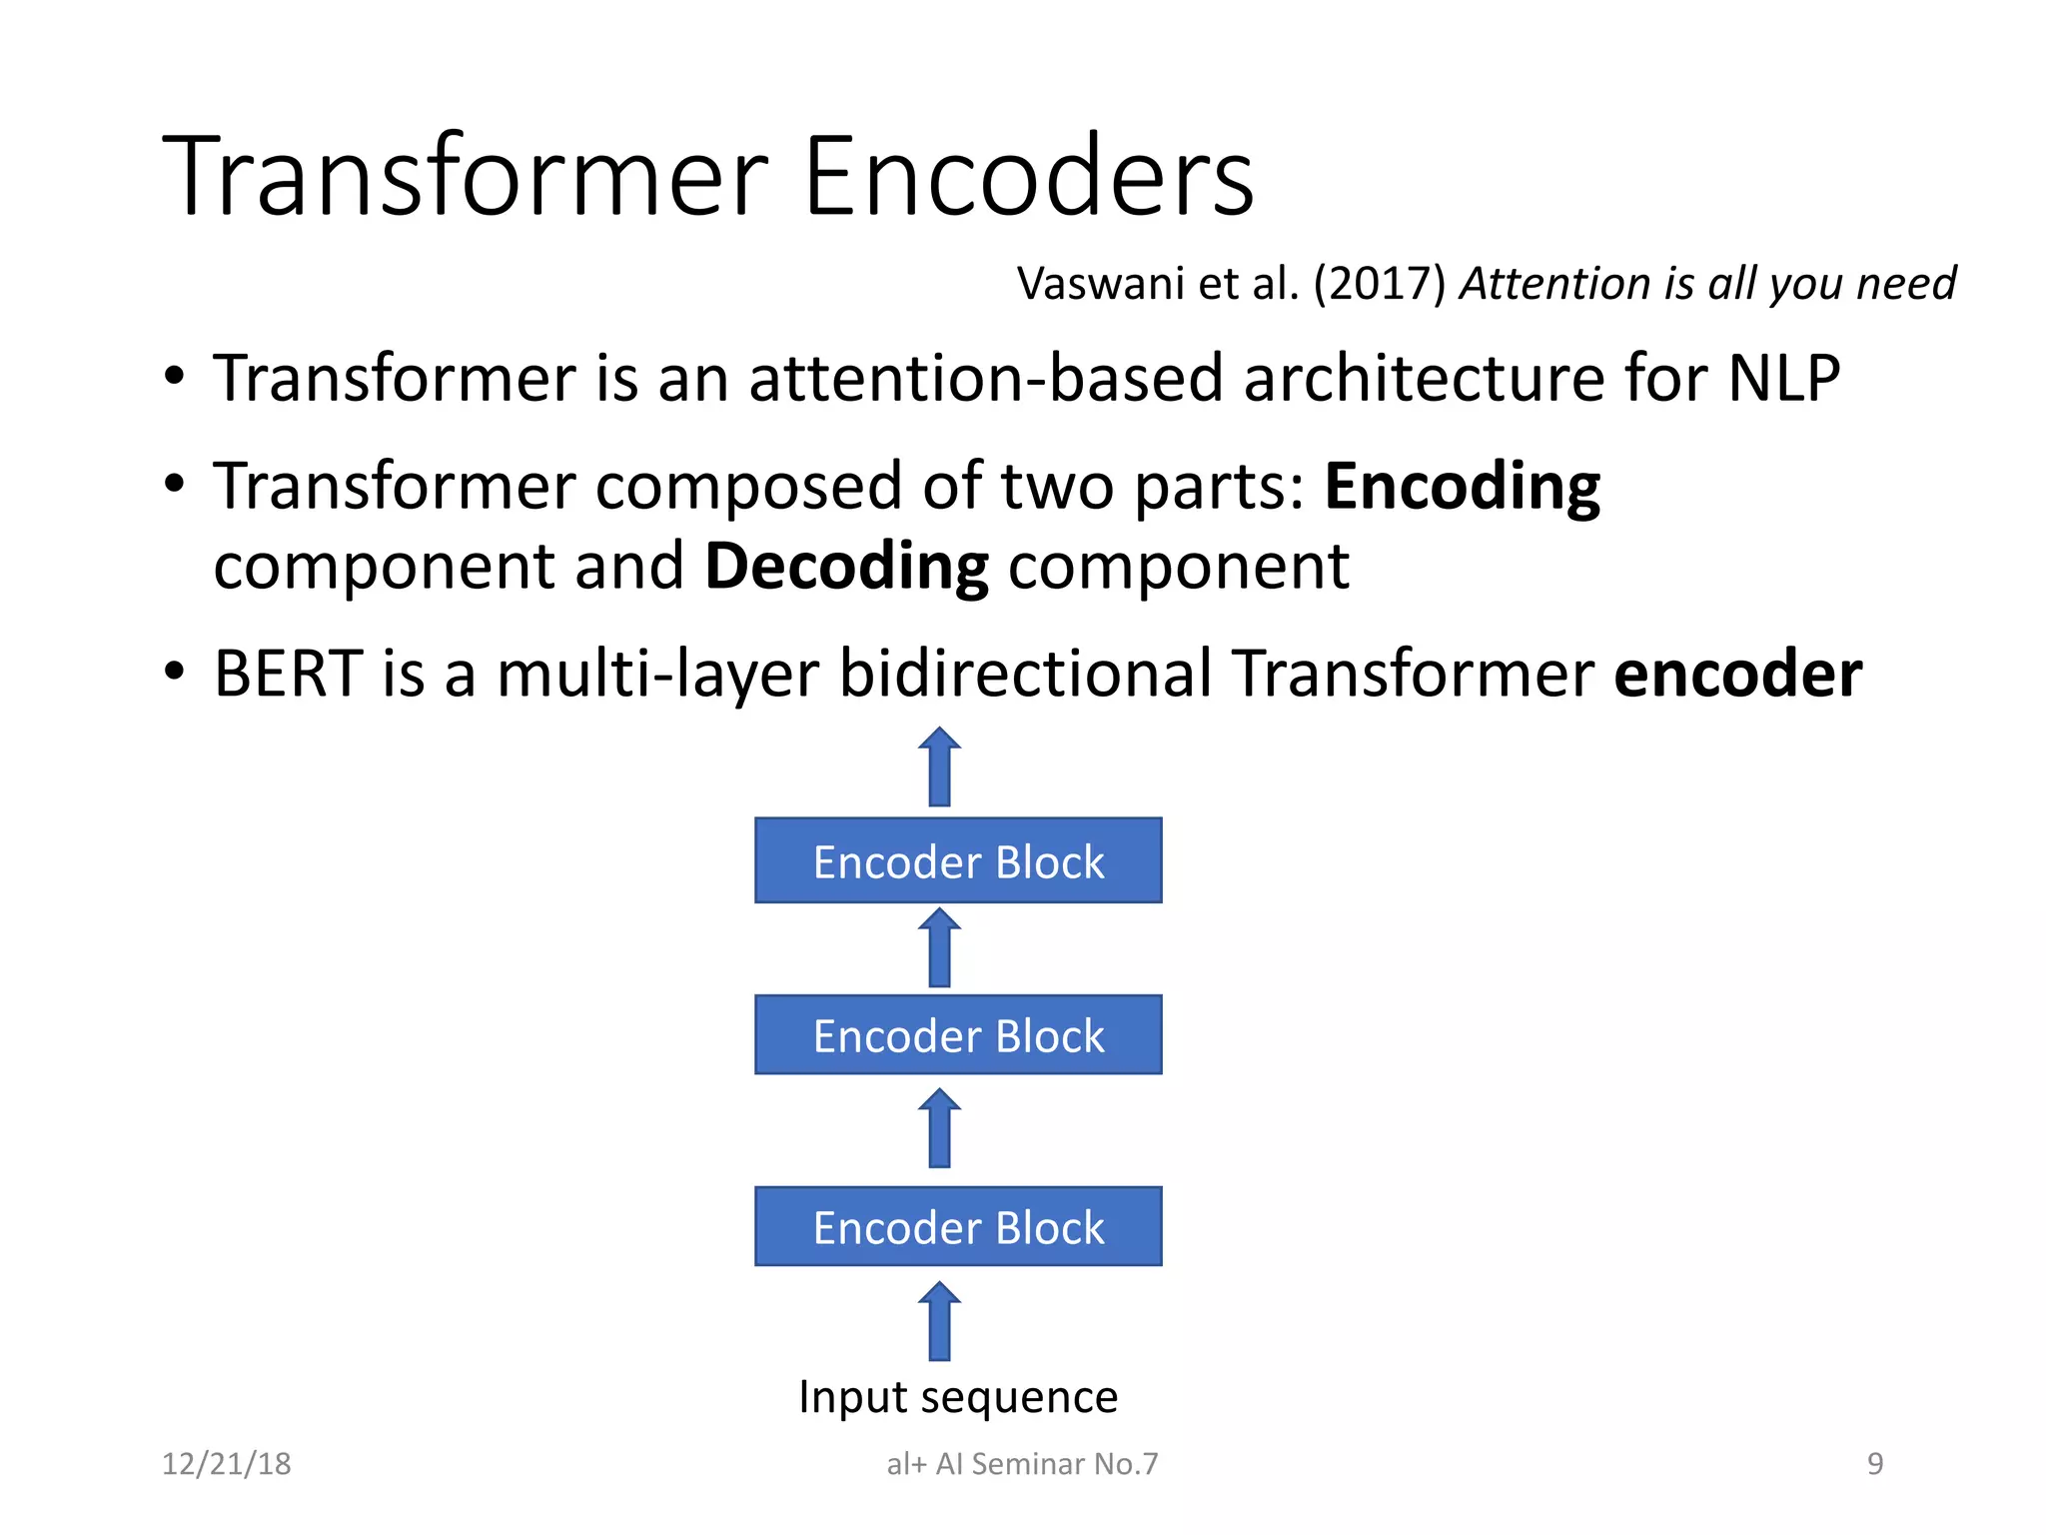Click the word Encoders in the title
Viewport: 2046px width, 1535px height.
(1028, 177)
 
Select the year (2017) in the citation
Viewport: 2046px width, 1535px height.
(1379, 285)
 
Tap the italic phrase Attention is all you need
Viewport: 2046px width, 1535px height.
(1707, 285)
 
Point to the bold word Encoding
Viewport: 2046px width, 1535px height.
(1462, 487)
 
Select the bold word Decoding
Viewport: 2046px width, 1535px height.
(846, 567)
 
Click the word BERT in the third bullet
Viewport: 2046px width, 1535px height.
(288, 674)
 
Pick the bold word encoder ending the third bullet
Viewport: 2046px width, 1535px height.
(1737, 674)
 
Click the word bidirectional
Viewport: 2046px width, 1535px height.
(1025, 674)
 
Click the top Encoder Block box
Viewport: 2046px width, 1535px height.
(958, 861)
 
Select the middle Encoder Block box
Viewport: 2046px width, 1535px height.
(958, 1035)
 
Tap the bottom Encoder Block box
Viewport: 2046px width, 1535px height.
(958, 1227)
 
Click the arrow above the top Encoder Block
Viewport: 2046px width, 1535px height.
(939, 767)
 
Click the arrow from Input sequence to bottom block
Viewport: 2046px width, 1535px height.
(939, 1321)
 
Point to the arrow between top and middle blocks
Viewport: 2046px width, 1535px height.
(939, 948)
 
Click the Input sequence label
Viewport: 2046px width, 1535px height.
(958, 1397)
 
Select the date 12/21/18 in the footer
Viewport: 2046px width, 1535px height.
(227, 1464)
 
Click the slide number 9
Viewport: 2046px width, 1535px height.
(1875, 1464)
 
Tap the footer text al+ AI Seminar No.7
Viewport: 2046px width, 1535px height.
(1022, 1464)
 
